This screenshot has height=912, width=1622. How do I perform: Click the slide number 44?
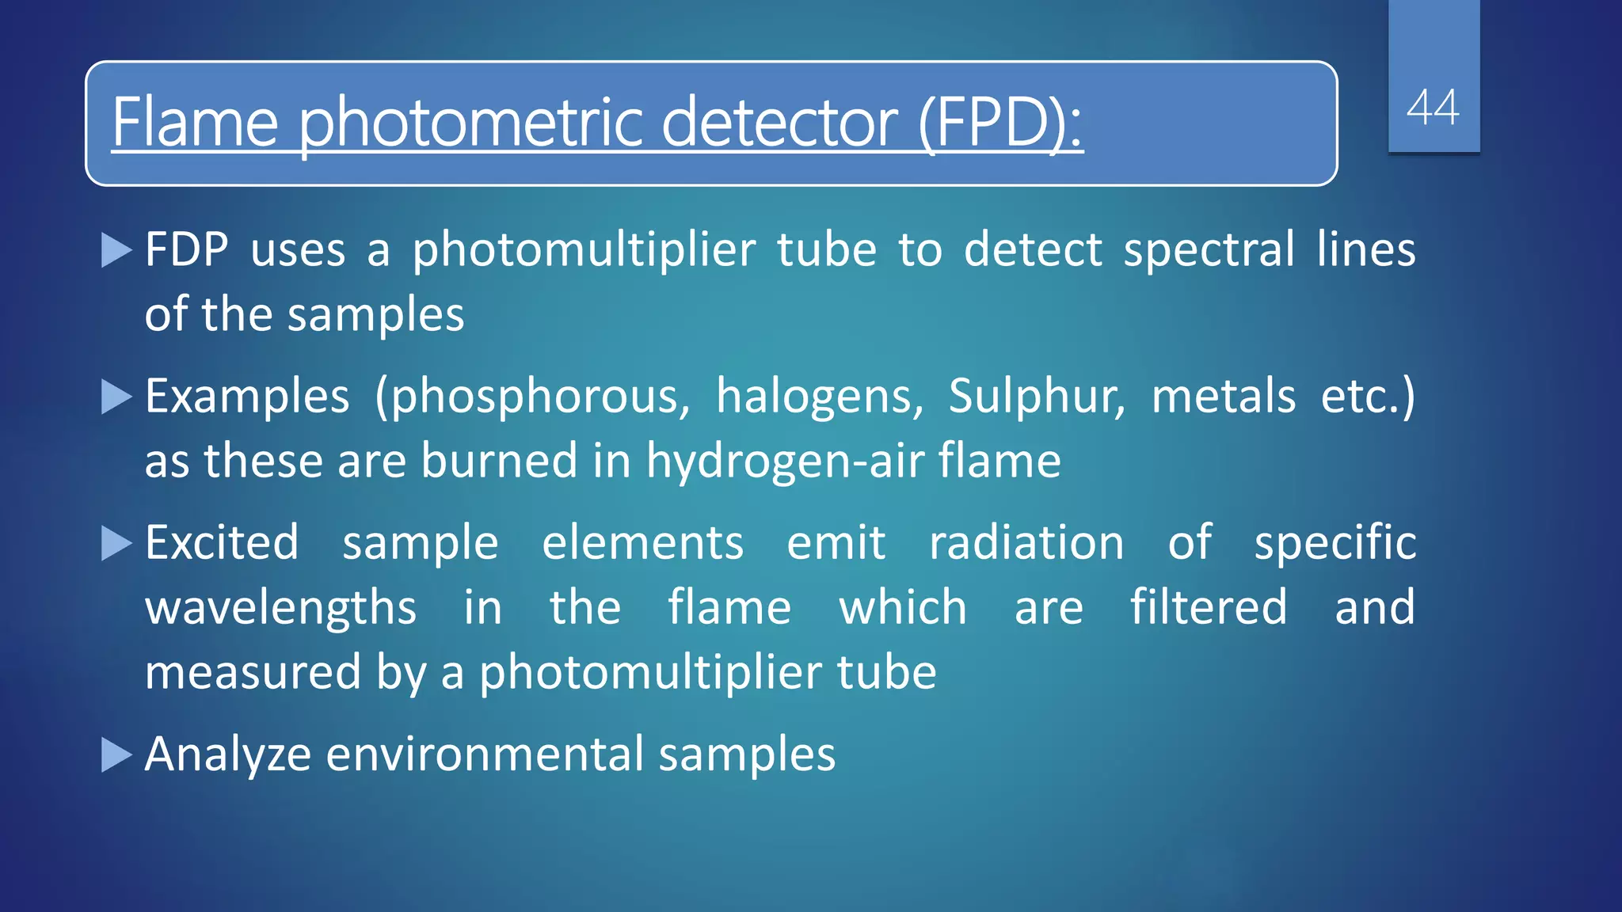(1433, 108)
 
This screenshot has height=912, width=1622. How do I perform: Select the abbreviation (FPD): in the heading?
(999, 123)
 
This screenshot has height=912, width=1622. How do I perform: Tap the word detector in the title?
(779, 123)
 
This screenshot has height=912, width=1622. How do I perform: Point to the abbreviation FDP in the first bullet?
(187, 250)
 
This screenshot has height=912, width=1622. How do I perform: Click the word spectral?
(1209, 250)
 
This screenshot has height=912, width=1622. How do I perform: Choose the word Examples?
(247, 396)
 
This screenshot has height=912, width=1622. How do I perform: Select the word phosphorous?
(533, 397)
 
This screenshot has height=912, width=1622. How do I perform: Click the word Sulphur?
(1036, 396)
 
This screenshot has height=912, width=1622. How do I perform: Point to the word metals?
(1223, 396)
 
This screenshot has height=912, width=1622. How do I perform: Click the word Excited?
(223, 543)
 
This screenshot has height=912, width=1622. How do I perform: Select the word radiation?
(1026, 543)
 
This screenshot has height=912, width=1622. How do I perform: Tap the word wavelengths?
(280, 609)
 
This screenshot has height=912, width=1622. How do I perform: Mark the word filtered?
(1209, 607)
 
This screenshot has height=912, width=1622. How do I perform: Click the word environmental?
(485, 754)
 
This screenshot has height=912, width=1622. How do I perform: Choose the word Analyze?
(228, 754)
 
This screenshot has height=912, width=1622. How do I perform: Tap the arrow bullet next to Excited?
(116, 544)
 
